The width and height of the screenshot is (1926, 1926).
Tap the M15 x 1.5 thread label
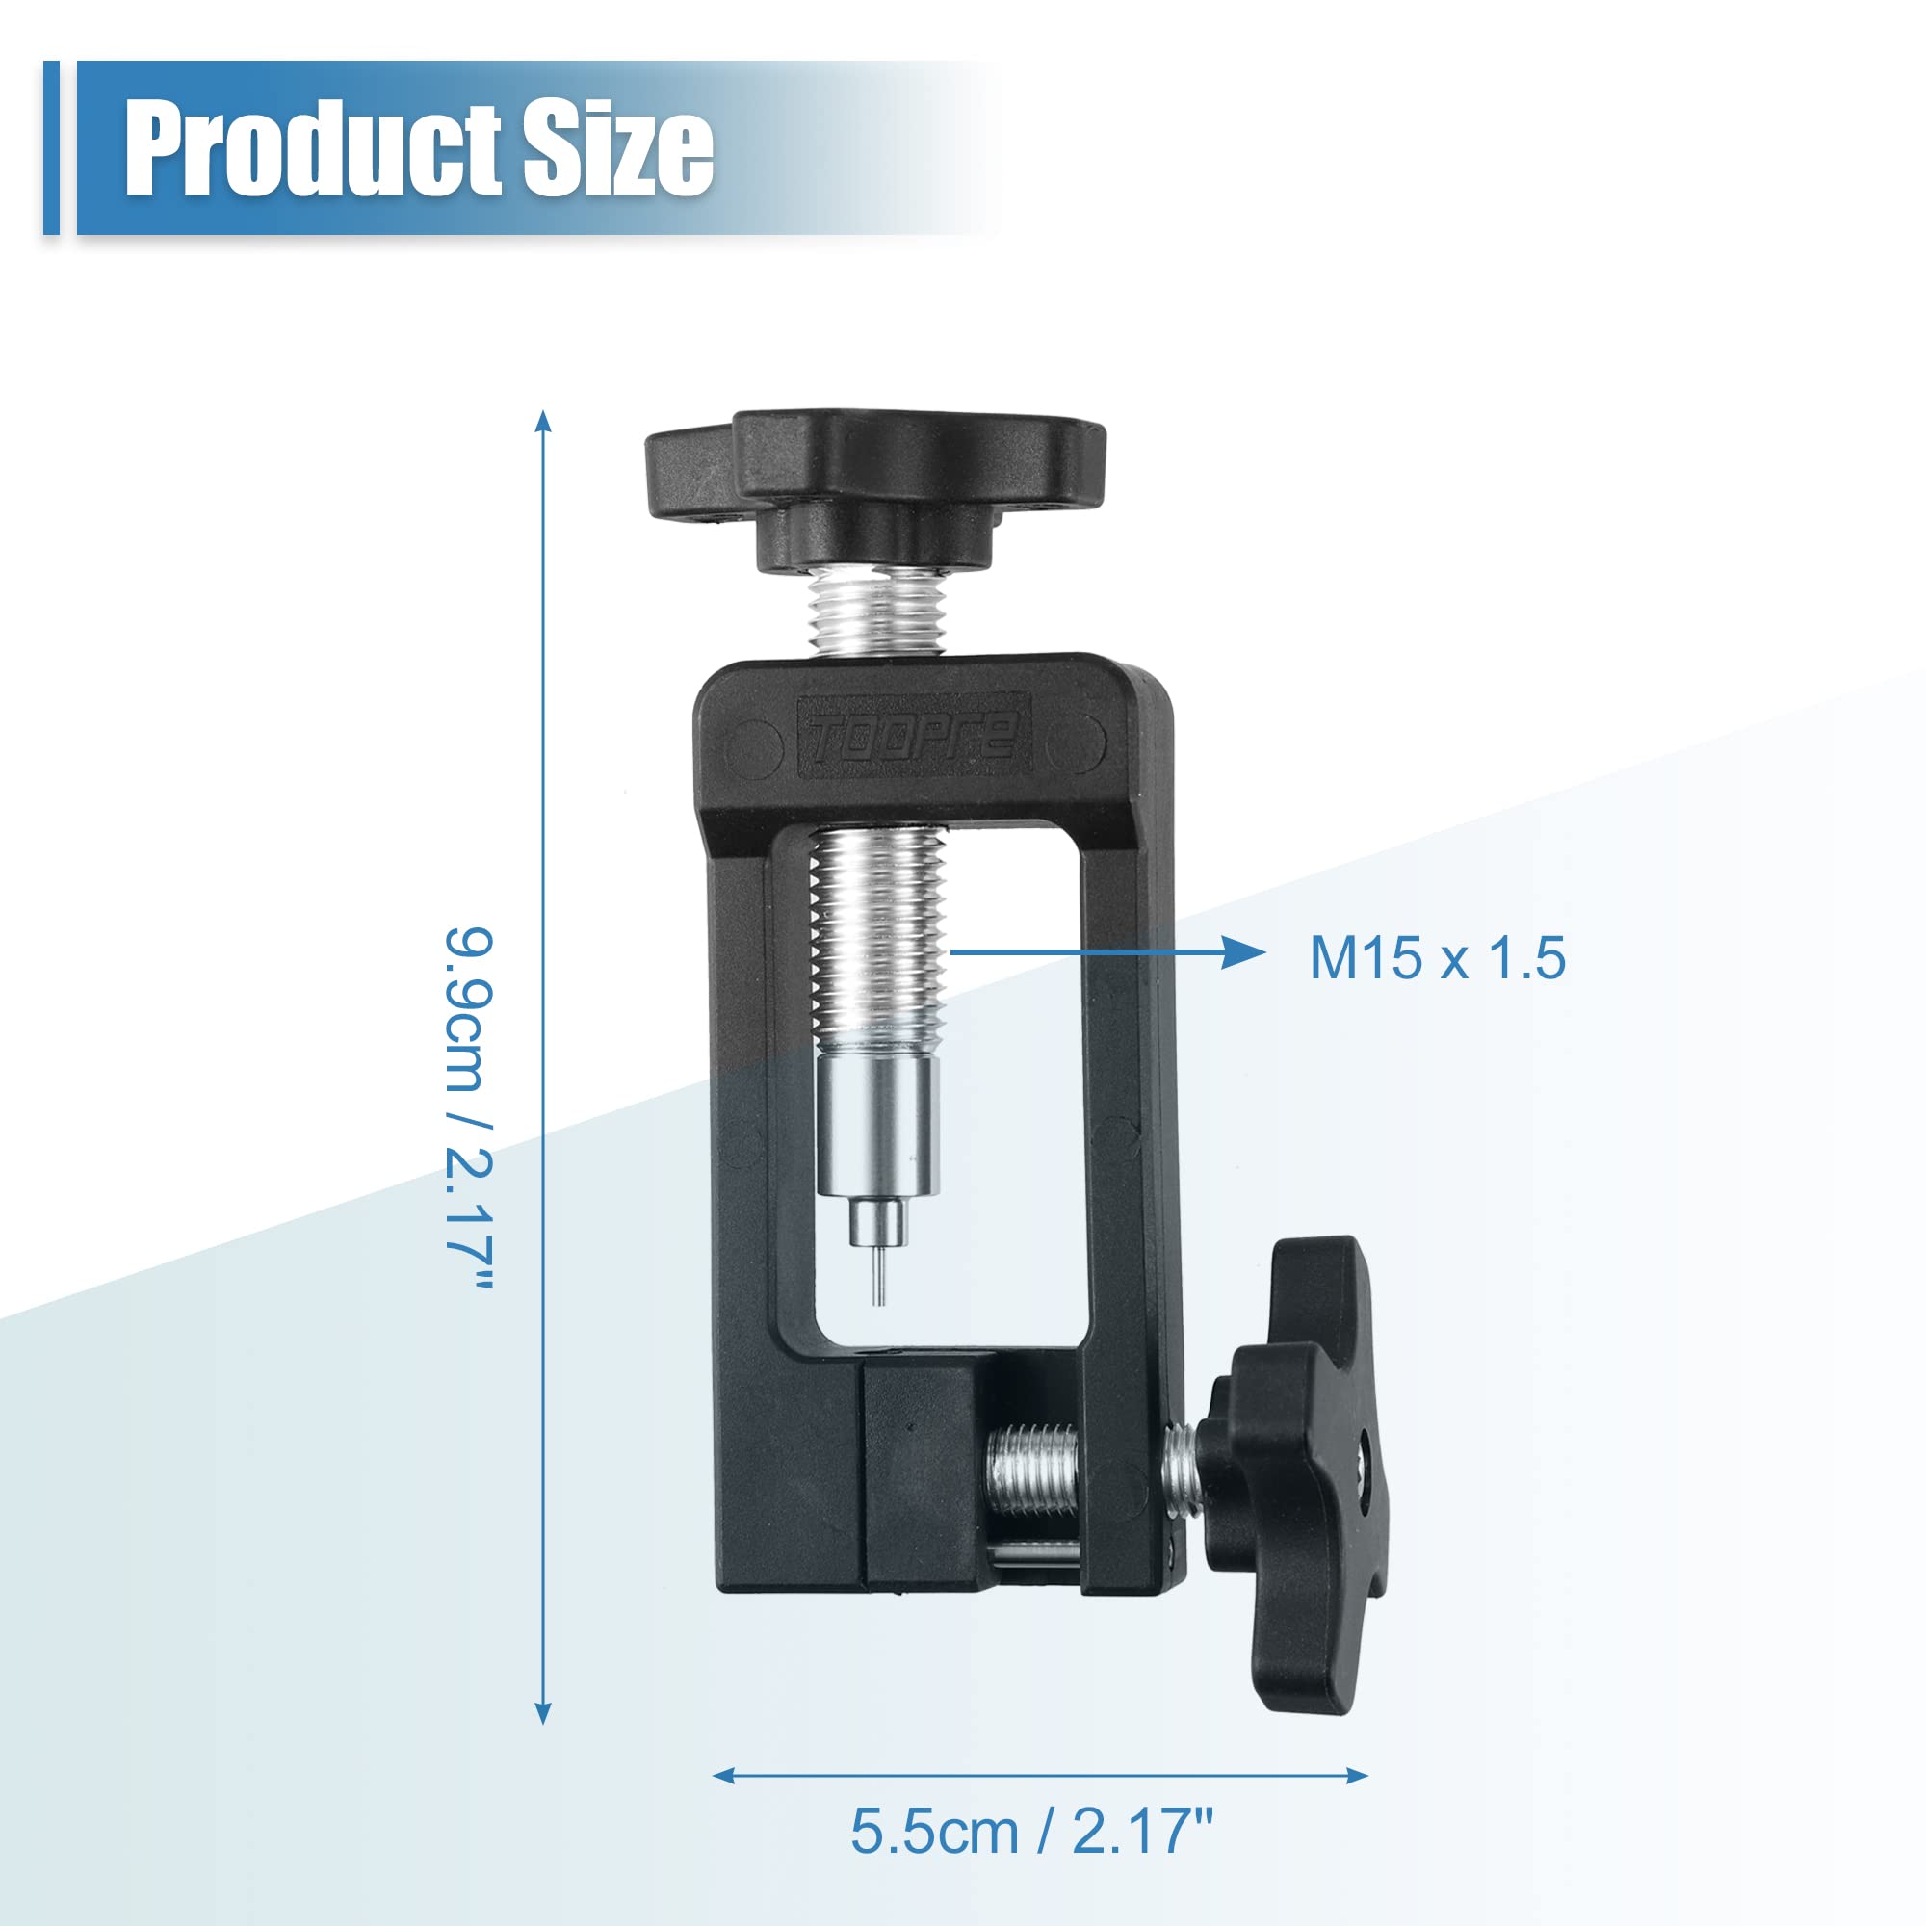[1437, 958]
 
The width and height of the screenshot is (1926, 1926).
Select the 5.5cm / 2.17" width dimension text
[1031, 1831]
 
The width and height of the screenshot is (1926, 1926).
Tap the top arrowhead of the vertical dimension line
[542, 420]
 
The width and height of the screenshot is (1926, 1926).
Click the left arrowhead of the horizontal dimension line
[724, 1775]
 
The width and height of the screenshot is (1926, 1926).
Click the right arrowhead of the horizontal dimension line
[1357, 1775]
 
